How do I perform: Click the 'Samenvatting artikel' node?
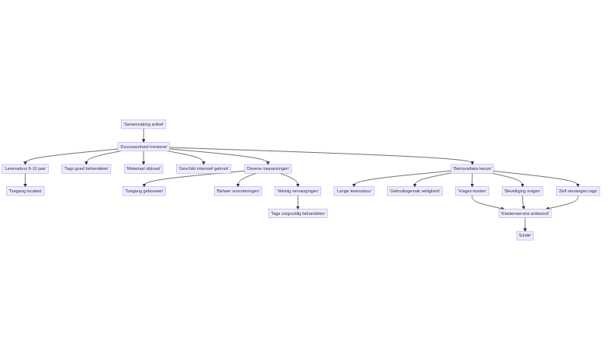(x=143, y=124)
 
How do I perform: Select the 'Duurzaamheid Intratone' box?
(x=143, y=147)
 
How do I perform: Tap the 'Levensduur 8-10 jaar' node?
(x=25, y=168)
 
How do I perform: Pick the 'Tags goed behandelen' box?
(x=86, y=168)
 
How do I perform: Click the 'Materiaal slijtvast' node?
(x=143, y=168)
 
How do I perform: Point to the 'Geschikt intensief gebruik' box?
(x=203, y=168)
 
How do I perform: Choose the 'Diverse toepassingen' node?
(x=268, y=168)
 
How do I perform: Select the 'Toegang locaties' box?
(x=25, y=191)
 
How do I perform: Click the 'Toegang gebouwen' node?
(x=144, y=191)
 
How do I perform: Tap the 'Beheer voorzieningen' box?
(x=238, y=191)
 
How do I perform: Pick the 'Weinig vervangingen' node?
(x=298, y=191)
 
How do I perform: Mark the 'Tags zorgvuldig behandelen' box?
(x=298, y=213)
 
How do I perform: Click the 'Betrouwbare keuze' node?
(x=472, y=168)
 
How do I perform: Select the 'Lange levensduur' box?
(x=354, y=191)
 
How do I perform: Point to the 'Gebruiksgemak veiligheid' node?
(x=414, y=191)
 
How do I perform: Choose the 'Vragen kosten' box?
(x=472, y=191)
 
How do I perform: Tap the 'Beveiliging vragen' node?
(x=523, y=191)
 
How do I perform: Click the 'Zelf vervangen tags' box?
(x=578, y=191)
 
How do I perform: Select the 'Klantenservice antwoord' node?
(x=525, y=213)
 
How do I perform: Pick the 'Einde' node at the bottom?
(x=525, y=235)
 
